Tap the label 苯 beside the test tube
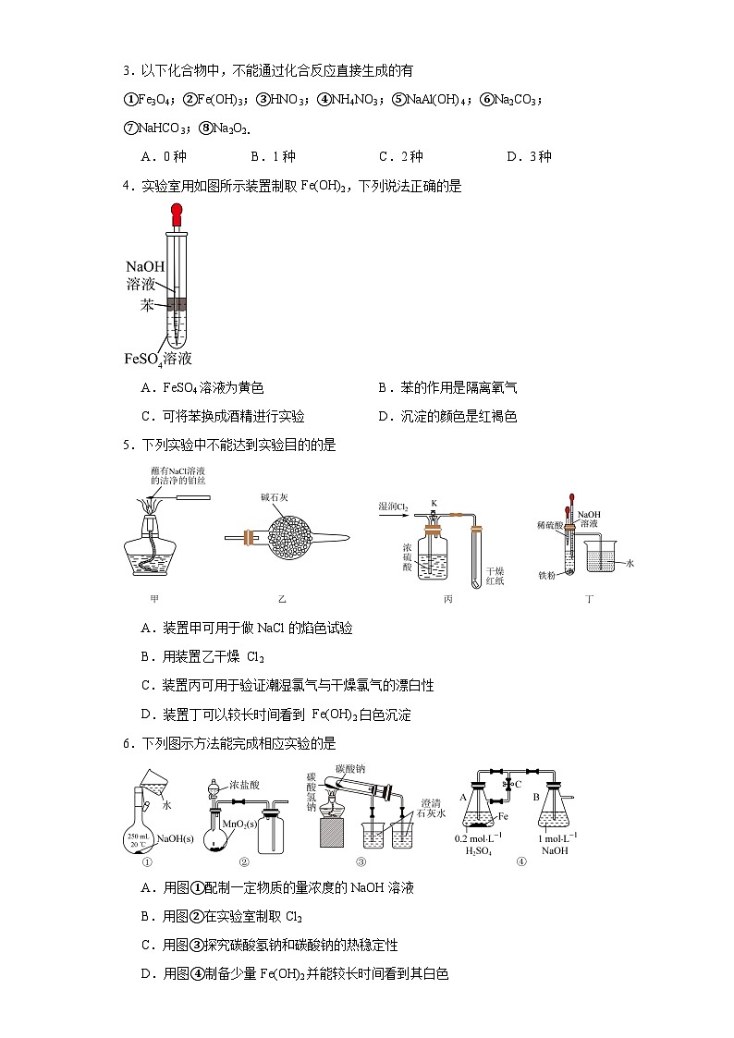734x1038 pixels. [147, 305]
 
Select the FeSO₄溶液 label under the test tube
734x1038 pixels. [157, 359]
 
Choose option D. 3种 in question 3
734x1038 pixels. [529, 156]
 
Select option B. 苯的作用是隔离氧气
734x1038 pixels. [447, 388]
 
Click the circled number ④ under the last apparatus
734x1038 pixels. [522, 861]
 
